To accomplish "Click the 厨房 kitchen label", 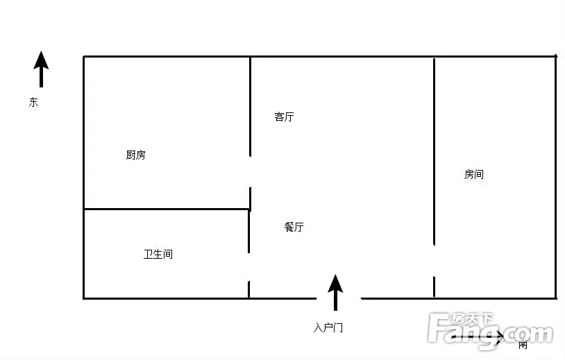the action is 136,155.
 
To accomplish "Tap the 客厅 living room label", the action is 284,117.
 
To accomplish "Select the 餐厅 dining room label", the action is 294,227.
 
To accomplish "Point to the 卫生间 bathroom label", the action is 158,254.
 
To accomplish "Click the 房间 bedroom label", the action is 474,174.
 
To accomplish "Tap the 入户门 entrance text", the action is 328,327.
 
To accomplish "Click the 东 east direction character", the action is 33,102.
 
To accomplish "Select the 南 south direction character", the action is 523,345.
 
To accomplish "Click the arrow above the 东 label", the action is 41,69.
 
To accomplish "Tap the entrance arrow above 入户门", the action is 335,292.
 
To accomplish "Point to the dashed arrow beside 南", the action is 478,337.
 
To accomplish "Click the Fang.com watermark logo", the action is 490,330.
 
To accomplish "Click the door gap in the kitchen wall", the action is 250,172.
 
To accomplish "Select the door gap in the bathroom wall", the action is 248,267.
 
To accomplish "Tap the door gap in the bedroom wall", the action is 435,261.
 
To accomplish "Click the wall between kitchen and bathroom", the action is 167,209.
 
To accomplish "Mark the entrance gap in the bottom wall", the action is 339,298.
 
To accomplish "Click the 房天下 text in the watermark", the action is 472,318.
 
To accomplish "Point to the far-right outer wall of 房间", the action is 556,177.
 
